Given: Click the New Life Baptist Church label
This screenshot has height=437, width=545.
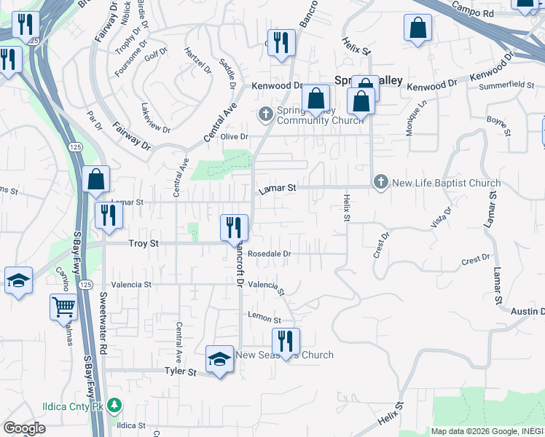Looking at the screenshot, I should click(x=446, y=183).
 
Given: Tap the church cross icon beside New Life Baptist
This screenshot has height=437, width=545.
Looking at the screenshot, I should click(x=380, y=183).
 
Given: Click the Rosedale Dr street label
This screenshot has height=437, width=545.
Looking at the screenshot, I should click(x=269, y=253).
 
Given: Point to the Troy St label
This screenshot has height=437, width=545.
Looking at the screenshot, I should click(x=144, y=243).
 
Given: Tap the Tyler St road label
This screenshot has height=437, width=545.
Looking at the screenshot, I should click(x=181, y=372).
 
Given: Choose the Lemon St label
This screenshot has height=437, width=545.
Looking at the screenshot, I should click(x=264, y=319).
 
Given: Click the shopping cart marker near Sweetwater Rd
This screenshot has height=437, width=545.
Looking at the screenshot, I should click(x=64, y=307).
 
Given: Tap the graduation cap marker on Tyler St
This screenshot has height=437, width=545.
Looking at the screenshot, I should click(x=219, y=359).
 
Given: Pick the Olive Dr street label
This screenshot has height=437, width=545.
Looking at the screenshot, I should click(x=235, y=137).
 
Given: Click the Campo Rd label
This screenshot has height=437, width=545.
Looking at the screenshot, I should click(x=473, y=12).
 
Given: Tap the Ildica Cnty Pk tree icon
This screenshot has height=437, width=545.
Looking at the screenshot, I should click(x=113, y=405).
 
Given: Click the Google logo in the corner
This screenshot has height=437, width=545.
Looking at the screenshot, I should click(x=24, y=428).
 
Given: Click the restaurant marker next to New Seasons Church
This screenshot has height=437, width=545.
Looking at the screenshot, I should click(x=286, y=340).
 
